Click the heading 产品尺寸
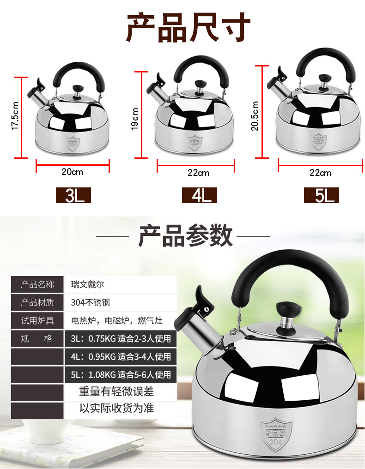pyautogui.click(x=189, y=28)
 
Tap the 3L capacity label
pyautogui.click(x=73, y=195)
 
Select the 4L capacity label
pyautogui.click(x=200, y=195)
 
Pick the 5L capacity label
pyautogui.click(x=322, y=195)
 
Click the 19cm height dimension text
pyautogui.click(x=135, y=119)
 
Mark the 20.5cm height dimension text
pyautogui.click(x=255, y=114)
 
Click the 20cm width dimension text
pyautogui.click(x=72, y=172)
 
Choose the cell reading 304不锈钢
pyautogui.click(x=91, y=302)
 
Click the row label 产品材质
pyautogui.click(x=37, y=302)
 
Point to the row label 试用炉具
pyautogui.click(x=37, y=320)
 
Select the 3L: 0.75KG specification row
pyautogui.click(x=121, y=339)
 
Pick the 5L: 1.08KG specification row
pyautogui.click(x=121, y=375)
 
